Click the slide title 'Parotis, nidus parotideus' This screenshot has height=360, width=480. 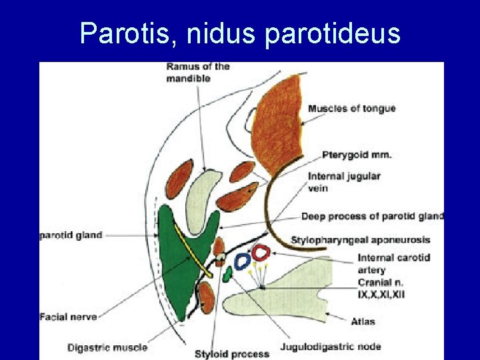click(240, 33)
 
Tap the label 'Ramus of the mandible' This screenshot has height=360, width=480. click(198, 72)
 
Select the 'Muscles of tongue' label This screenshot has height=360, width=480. click(351, 109)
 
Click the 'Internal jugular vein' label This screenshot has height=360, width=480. click(344, 182)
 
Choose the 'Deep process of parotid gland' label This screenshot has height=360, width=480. click(372, 216)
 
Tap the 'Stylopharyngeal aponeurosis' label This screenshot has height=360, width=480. click(361, 239)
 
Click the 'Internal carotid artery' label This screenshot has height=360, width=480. click(393, 263)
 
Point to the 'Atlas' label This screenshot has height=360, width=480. click(363, 321)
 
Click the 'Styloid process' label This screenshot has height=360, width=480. click(232, 353)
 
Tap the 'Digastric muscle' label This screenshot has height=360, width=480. click(107, 347)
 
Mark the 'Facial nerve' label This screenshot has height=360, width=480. click(68, 317)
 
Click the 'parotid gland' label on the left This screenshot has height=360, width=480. click(71, 235)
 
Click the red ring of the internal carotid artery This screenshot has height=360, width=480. click(261, 253)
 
